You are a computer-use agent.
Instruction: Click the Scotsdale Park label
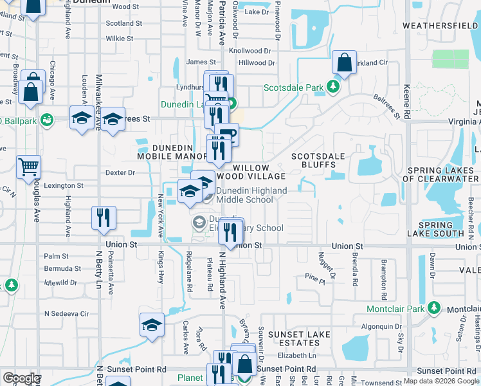pos(295,87)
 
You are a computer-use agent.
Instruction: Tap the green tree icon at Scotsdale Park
pos(333,86)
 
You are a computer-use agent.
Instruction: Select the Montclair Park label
pos(395,309)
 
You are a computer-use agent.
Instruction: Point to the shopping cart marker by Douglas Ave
pos(28,167)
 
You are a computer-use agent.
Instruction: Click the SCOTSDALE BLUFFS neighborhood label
pos(318,160)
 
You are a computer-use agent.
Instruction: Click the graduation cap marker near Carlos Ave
pos(152,325)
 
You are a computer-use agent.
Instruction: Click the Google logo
pos(22,378)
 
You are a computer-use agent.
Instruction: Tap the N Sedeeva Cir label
pos(66,313)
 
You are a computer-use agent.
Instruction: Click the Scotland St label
pos(124,23)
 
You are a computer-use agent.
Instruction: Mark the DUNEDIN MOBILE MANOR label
pos(172,152)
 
